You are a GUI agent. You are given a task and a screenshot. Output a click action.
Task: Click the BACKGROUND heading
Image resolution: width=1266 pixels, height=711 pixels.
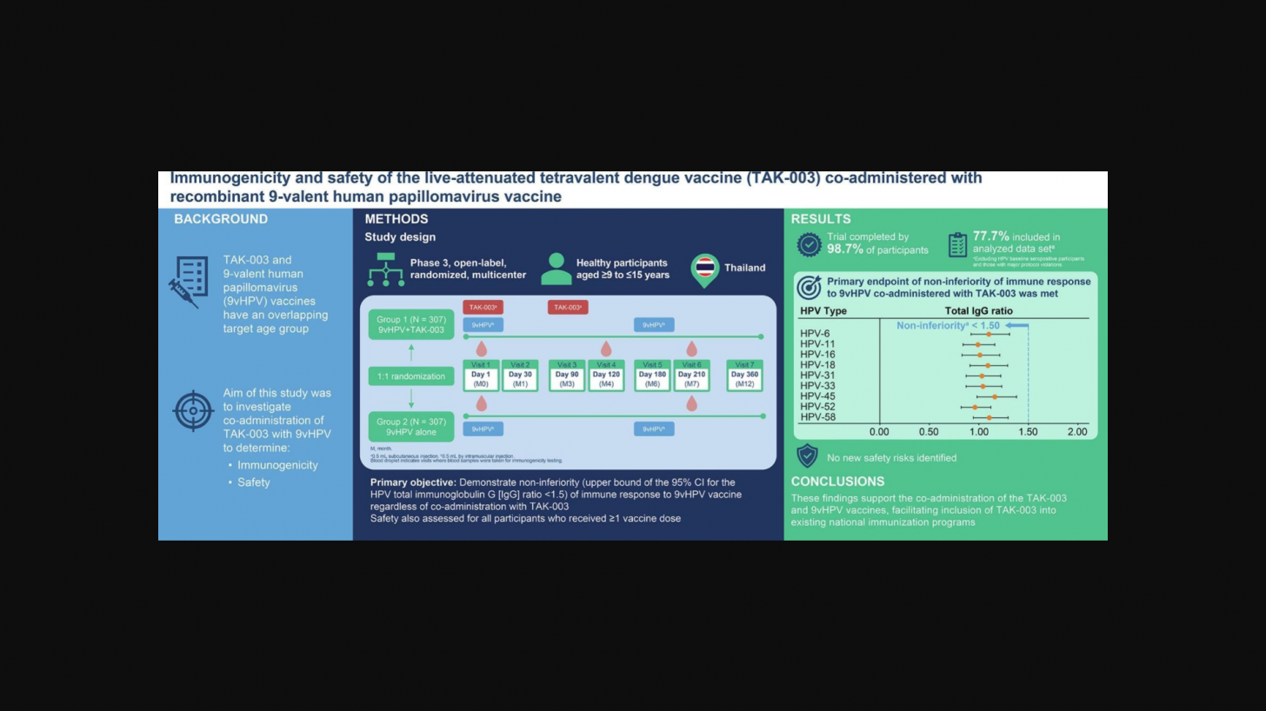(221, 219)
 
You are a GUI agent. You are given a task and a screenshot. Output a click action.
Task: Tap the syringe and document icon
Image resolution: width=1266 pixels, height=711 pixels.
(189, 281)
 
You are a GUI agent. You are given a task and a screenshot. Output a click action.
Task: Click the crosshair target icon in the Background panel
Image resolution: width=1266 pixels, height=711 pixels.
(193, 410)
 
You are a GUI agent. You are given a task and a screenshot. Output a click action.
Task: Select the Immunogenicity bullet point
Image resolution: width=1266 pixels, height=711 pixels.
(277, 465)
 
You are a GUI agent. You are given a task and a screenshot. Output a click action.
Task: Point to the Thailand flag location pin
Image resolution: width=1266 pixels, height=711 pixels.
(704, 269)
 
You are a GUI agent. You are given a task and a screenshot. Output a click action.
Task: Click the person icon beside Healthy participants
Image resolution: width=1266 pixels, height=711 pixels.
(556, 269)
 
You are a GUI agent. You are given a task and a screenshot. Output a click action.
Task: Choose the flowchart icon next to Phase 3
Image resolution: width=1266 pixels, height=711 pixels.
(385, 269)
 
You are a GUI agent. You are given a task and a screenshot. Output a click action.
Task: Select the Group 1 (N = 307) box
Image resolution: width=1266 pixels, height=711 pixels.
(410, 323)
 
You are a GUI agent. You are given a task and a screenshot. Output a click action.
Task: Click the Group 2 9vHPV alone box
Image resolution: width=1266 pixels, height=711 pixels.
(410, 427)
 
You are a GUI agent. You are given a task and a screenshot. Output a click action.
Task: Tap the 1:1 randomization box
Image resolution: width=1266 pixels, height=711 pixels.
(410, 376)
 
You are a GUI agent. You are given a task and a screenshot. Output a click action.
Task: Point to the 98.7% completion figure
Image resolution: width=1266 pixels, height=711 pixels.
(845, 249)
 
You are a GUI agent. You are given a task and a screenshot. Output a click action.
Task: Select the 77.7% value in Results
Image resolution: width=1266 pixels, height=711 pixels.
(990, 236)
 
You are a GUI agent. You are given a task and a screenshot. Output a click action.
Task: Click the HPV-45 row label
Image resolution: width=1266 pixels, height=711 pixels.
(817, 396)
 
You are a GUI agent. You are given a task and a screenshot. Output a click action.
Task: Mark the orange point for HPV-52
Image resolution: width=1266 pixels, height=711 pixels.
(975, 407)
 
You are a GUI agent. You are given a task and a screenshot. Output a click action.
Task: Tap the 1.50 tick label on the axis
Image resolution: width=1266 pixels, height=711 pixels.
(1028, 432)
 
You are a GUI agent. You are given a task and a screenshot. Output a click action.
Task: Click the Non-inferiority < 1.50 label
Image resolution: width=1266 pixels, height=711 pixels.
(948, 325)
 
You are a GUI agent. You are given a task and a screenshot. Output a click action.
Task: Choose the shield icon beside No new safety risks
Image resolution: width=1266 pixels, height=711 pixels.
(807, 456)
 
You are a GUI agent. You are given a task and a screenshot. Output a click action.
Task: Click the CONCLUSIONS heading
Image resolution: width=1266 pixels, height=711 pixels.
(837, 482)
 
